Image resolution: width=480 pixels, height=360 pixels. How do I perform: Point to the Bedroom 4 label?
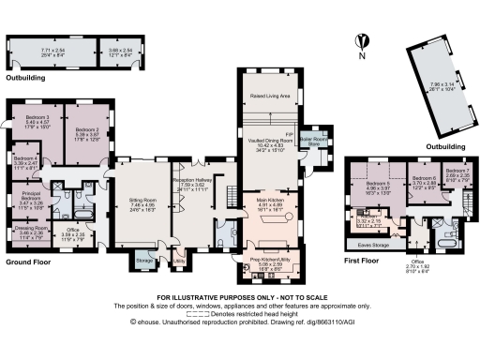[25, 160]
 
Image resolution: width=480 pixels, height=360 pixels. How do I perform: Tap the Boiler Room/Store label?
[320, 141]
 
